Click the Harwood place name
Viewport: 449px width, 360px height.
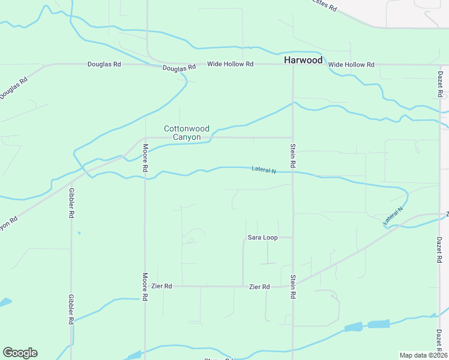tap(303, 60)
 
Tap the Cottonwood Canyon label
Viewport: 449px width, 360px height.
tap(187, 133)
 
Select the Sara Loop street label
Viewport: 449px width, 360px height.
tap(262, 238)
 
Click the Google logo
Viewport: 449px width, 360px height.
tap(20, 352)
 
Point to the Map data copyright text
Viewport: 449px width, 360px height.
tap(423, 355)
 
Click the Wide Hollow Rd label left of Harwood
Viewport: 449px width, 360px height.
tap(230, 64)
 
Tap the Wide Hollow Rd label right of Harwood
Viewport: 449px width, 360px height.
tap(351, 64)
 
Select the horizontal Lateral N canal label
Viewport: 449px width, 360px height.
tap(263, 170)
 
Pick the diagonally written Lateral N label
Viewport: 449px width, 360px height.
tap(394, 217)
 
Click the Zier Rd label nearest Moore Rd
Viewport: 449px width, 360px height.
tap(161, 286)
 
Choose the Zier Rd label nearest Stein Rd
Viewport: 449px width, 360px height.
tap(259, 287)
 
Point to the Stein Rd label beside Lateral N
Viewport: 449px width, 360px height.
tap(293, 155)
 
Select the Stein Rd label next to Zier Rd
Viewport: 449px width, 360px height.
tap(293, 287)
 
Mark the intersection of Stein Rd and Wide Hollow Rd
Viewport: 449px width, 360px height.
tap(293, 64)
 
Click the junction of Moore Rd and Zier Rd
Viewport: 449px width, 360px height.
tap(145, 286)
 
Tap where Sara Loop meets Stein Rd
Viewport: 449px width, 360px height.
tap(293, 238)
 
